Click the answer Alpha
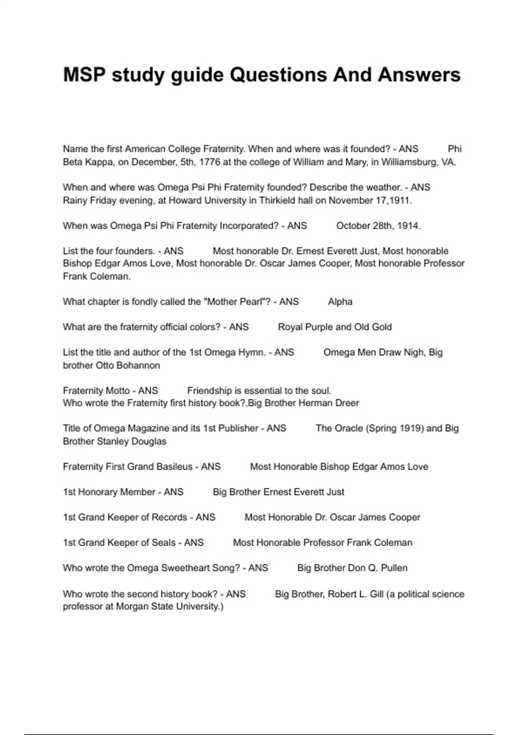tap(340, 302)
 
